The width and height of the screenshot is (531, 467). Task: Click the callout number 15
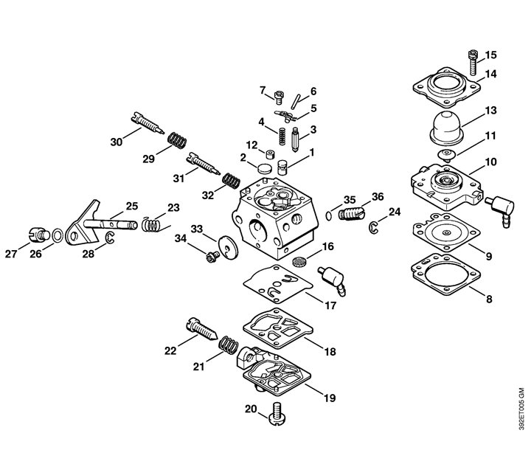click(x=490, y=55)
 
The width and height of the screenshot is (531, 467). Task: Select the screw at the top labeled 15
click(x=473, y=62)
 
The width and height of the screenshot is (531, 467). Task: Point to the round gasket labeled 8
click(x=445, y=274)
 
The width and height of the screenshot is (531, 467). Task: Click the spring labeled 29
click(x=177, y=140)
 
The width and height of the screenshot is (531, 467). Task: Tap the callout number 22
click(x=170, y=350)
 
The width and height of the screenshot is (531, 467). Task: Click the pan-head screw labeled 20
click(x=277, y=413)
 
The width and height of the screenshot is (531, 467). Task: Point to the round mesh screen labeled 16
click(x=298, y=261)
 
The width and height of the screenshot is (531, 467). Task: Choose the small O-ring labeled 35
click(x=329, y=215)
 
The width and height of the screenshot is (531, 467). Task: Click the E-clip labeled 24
click(x=373, y=227)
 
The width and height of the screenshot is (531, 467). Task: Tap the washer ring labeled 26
click(x=58, y=235)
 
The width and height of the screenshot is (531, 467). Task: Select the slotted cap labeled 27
click(x=37, y=235)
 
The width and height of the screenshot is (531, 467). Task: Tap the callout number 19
click(x=330, y=398)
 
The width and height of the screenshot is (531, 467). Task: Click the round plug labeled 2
click(x=265, y=167)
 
